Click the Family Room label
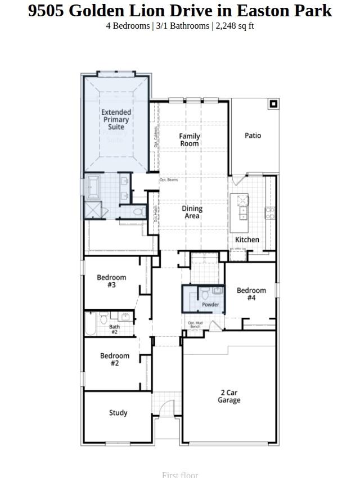click(190, 140)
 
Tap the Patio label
click(253, 136)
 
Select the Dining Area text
click(192, 212)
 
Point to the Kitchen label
click(247, 240)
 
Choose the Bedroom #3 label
click(111, 281)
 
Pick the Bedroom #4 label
click(251, 294)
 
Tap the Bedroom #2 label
click(115, 359)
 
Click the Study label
click(118, 413)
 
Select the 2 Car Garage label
click(229, 396)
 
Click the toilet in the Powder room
click(205, 294)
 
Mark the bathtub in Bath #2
click(91, 324)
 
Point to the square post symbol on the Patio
click(273, 104)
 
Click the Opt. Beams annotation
click(169, 180)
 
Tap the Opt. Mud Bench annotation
click(195, 324)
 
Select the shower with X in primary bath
click(92, 210)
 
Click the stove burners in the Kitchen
click(269, 213)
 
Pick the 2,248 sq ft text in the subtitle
click(235, 26)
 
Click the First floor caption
click(180, 475)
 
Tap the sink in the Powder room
click(217, 291)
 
